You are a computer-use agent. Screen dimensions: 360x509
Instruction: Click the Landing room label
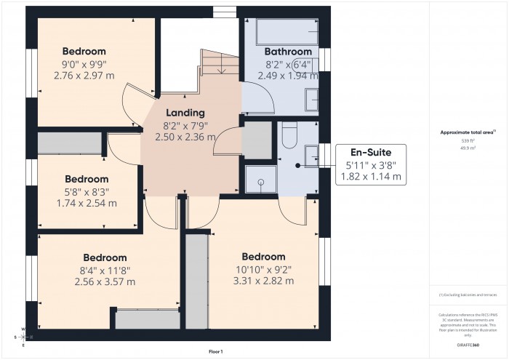[x=185, y=113]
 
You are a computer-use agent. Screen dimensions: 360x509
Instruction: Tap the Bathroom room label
[x=288, y=52]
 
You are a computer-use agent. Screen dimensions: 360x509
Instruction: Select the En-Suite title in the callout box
[x=371, y=153]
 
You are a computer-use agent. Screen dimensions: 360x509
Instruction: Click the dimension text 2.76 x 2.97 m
[x=84, y=75]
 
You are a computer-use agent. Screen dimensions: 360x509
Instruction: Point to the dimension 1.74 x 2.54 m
[x=87, y=203]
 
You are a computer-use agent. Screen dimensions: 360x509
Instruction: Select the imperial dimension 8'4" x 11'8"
[x=105, y=270]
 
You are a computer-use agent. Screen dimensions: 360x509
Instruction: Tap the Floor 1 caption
[x=216, y=351]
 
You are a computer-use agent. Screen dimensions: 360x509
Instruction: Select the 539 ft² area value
[x=468, y=140]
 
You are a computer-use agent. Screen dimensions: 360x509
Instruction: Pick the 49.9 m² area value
[x=468, y=148]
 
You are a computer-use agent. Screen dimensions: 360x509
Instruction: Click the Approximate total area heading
[x=468, y=132]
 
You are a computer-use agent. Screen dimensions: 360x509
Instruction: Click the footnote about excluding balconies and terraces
[x=468, y=295]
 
